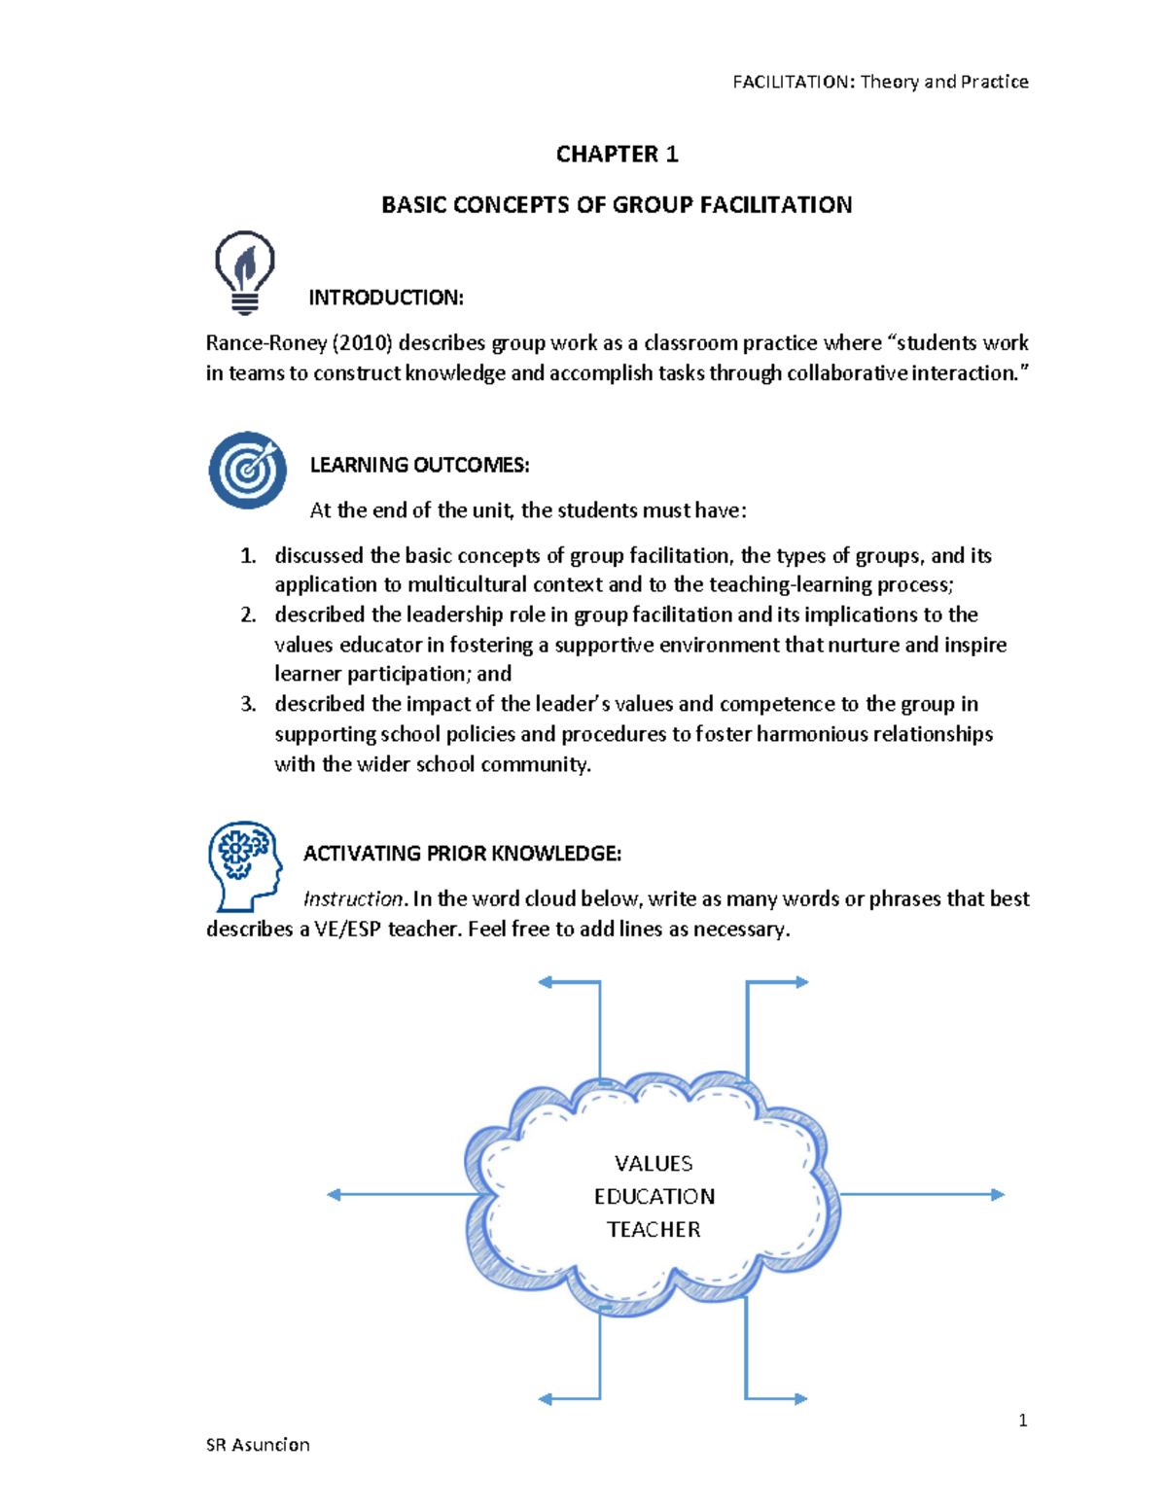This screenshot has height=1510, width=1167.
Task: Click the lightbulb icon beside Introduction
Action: pyautogui.click(x=244, y=271)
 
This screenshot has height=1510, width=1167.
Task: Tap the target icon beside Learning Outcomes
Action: pyautogui.click(x=247, y=470)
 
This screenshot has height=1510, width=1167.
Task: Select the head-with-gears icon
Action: pyautogui.click(x=242, y=863)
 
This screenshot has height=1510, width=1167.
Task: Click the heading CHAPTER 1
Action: pyautogui.click(x=617, y=155)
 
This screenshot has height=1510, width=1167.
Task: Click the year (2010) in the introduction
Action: pyautogui.click(x=362, y=343)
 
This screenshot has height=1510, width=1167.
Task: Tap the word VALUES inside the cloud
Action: pyautogui.click(x=654, y=1164)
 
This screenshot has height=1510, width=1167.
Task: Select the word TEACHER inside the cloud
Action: pyautogui.click(x=654, y=1230)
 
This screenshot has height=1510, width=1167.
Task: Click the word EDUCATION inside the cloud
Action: pyautogui.click(x=654, y=1197)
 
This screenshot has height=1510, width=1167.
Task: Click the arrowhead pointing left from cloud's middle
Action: pyautogui.click(x=334, y=1195)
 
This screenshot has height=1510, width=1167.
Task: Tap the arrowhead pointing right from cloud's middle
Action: pyautogui.click(x=998, y=1195)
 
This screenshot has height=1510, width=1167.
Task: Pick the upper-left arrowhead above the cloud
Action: pyautogui.click(x=546, y=982)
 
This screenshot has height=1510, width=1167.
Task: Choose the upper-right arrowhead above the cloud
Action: pyautogui.click(x=802, y=982)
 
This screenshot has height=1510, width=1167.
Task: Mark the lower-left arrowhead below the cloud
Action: pyautogui.click(x=546, y=1399)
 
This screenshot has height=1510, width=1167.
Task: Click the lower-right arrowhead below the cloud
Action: pyautogui.click(x=801, y=1399)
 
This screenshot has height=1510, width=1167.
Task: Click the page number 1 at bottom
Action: pyautogui.click(x=1022, y=1421)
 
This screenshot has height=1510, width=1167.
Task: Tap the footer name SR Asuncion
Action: pyautogui.click(x=258, y=1445)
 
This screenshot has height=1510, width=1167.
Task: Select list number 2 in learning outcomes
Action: pyautogui.click(x=248, y=615)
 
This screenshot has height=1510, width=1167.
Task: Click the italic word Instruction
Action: pyautogui.click(x=352, y=899)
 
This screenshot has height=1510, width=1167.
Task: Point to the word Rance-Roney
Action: pyautogui.click(x=265, y=343)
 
